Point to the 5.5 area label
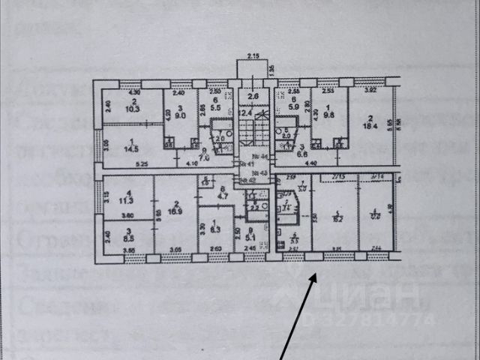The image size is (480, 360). (x=215, y=109)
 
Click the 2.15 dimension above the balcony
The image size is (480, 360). (x=253, y=57)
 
